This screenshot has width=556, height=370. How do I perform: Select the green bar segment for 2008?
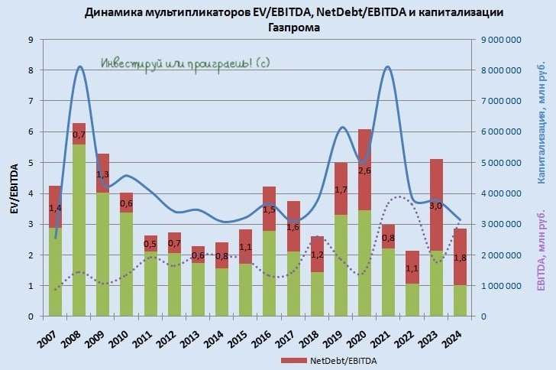click(x=79, y=229)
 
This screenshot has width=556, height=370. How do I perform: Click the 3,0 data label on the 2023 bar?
click(x=436, y=205)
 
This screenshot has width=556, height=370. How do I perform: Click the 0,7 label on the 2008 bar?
click(x=79, y=135)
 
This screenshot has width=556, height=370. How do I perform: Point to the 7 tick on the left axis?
click(x=31, y=101)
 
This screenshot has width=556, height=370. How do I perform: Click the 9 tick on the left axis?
click(x=31, y=40)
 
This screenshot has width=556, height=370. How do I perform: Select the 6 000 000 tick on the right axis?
click(x=501, y=131)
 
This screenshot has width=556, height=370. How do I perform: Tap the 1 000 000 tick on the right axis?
click(x=501, y=286)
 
